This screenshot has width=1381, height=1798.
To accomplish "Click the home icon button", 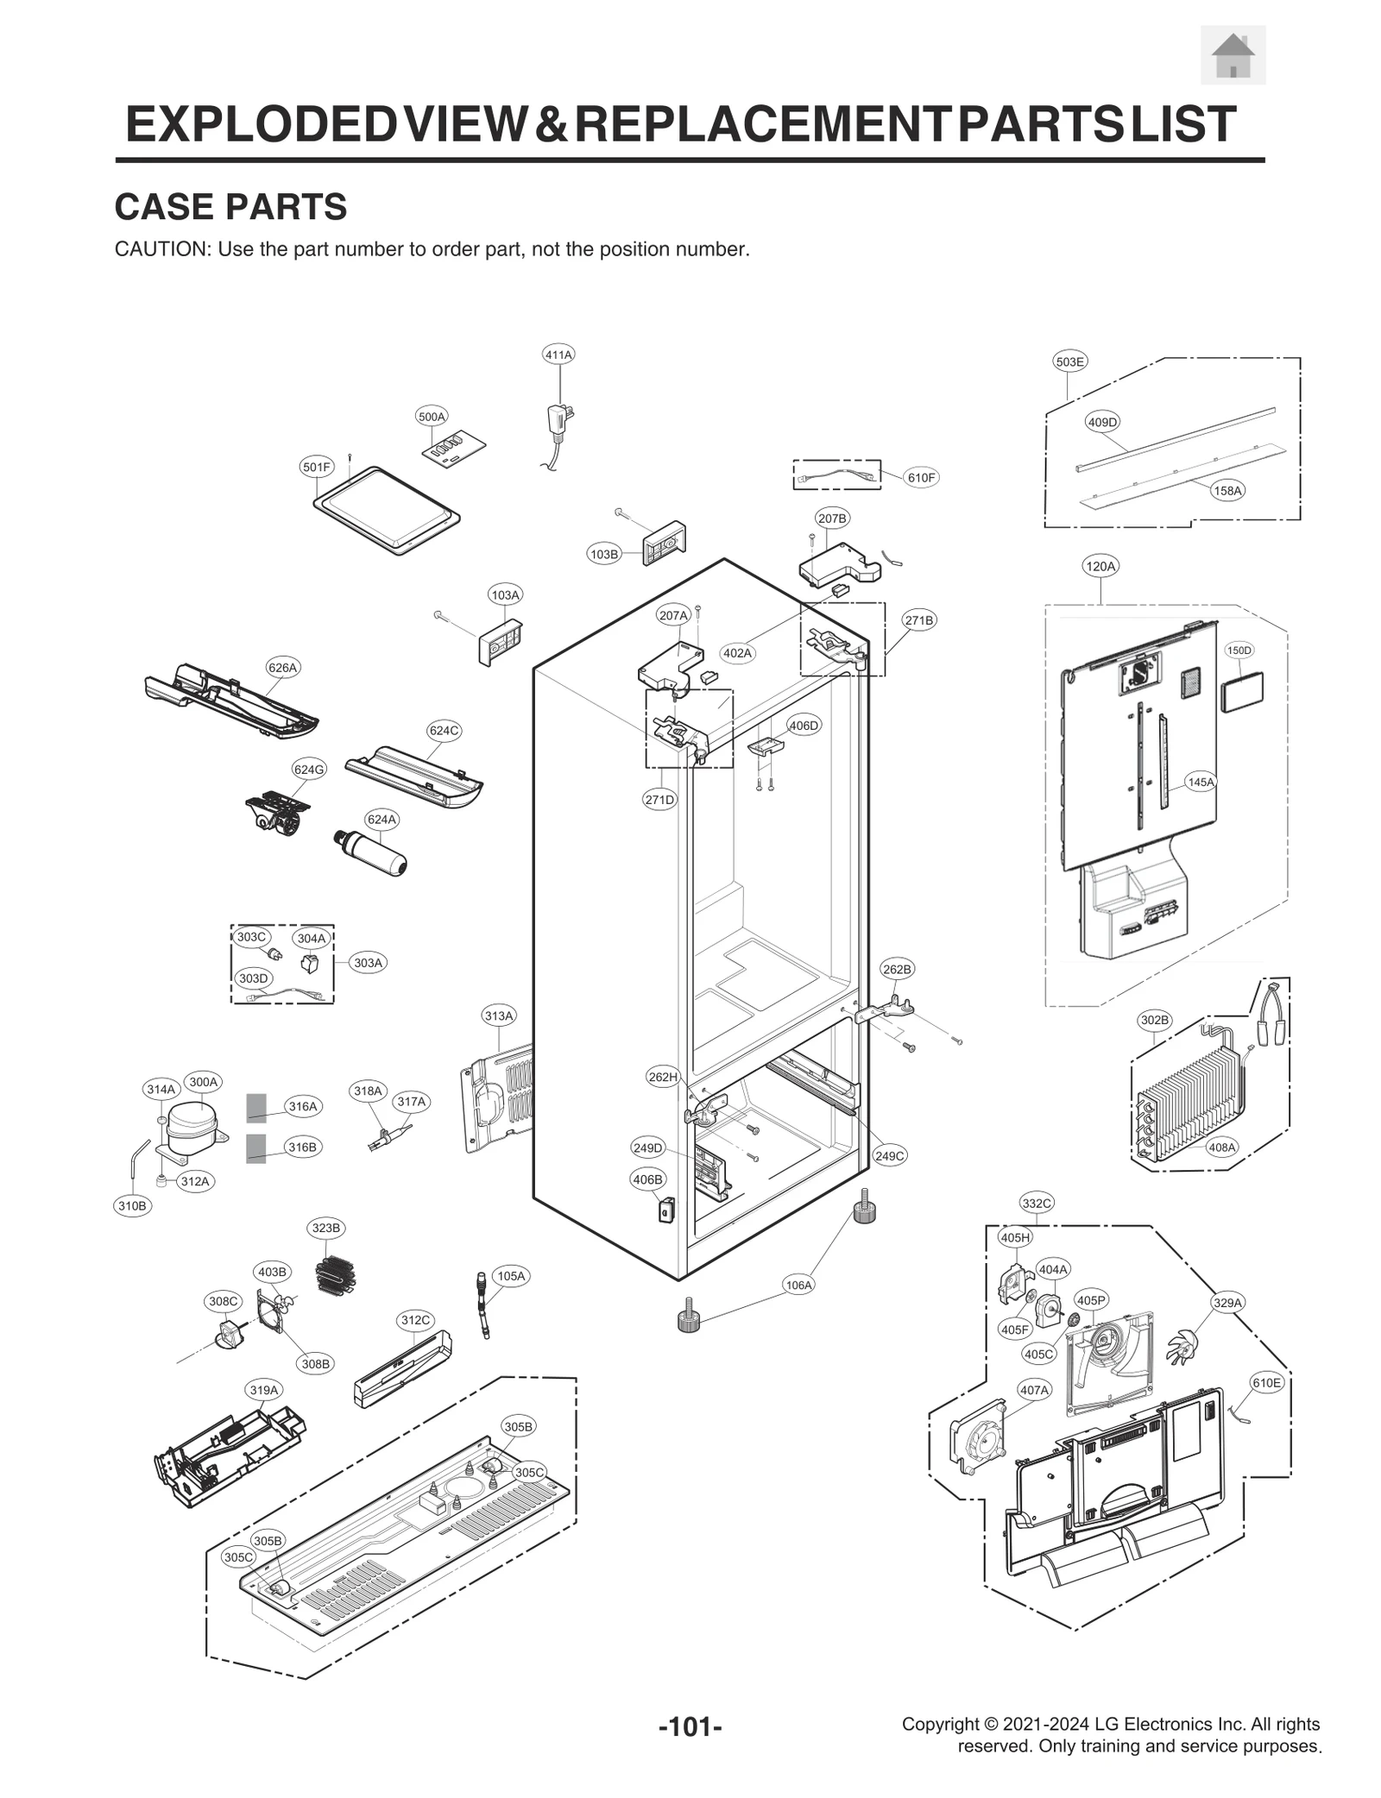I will (x=1232, y=55).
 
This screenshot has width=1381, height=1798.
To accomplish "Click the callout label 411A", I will (x=558, y=355).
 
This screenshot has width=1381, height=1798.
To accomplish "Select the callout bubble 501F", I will (x=316, y=467).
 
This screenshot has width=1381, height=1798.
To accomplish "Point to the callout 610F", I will (x=920, y=477).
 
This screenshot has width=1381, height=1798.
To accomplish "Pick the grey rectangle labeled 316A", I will (x=255, y=1106).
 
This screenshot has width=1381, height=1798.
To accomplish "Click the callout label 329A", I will (x=1227, y=1303).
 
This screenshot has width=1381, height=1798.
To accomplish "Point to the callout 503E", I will (x=1069, y=361).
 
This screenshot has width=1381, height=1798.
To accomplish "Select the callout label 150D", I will (x=1239, y=650).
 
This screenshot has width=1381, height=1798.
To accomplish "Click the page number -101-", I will (x=690, y=1727).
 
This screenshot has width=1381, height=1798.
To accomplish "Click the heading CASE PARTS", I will (x=230, y=207).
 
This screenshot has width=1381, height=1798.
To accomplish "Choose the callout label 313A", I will (x=498, y=1015).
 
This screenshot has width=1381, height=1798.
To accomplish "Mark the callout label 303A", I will (x=368, y=963).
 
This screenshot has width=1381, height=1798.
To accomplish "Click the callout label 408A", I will (x=1221, y=1147).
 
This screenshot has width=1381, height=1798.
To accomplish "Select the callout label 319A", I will (x=264, y=1390).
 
